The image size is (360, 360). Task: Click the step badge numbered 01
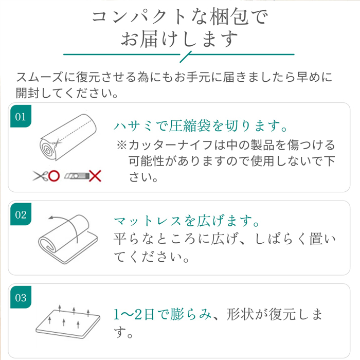[x=21, y=116]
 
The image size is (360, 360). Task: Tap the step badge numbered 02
[x=21, y=214]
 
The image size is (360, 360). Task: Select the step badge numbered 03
[x=21, y=297]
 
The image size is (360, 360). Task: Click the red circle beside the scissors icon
[x=54, y=176]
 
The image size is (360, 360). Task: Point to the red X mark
[x=95, y=176]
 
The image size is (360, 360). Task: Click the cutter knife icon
[x=77, y=176]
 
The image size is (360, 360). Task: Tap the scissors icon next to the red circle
[x=41, y=176]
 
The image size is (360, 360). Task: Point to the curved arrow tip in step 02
[x=49, y=218]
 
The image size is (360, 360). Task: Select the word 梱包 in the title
[x=229, y=17]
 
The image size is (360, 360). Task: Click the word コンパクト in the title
[x=140, y=17]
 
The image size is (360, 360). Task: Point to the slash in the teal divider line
[x=186, y=57]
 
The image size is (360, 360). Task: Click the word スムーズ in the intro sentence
[x=40, y=77]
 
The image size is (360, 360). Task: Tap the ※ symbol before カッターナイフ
[x=122, y=145]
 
